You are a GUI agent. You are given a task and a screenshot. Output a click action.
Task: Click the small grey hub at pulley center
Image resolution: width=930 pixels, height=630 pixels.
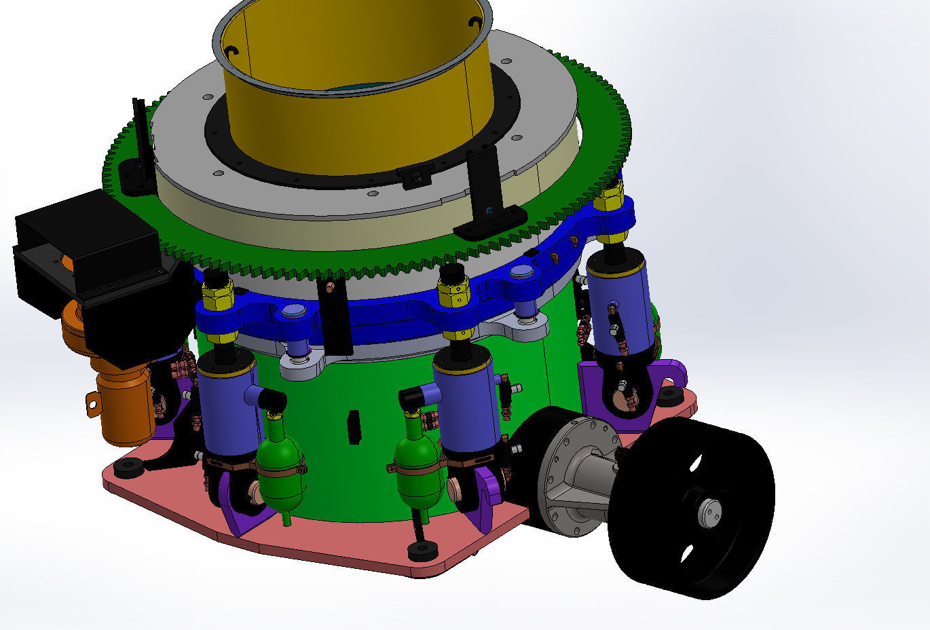click(x=710, y=511)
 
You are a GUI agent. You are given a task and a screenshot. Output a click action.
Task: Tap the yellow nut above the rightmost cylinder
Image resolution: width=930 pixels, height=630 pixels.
click(x=609, y=200)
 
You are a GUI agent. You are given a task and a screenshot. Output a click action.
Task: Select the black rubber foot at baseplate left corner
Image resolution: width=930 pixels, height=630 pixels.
click(x=128, y=467)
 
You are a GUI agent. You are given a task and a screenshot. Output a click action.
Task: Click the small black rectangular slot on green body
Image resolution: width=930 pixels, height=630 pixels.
click(x=354, y=427)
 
